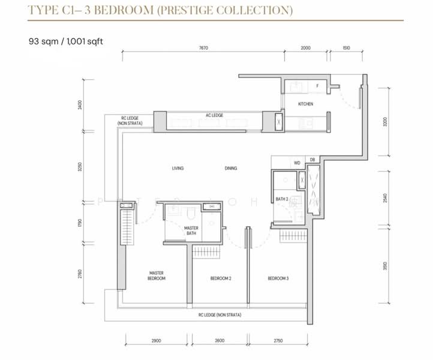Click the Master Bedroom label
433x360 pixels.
tap(157, 275)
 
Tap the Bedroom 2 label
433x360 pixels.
tap(221, 278)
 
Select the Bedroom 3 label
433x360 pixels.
tap(278, 278)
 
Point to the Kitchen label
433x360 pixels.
tap(306, 104)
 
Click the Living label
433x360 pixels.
tap(177, 168)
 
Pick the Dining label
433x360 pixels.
tap(231, 168)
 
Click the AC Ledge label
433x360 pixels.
tap(214, 115)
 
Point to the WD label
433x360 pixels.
tap(297, 163)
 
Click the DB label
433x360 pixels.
tap(312, 160)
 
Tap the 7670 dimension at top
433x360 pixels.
tap(204, 49)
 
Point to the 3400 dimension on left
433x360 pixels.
tap(79, 106)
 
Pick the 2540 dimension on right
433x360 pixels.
tap(385, 197)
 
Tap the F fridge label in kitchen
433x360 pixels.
tap(317, 86)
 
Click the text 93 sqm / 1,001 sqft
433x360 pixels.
tap(66, 41)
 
